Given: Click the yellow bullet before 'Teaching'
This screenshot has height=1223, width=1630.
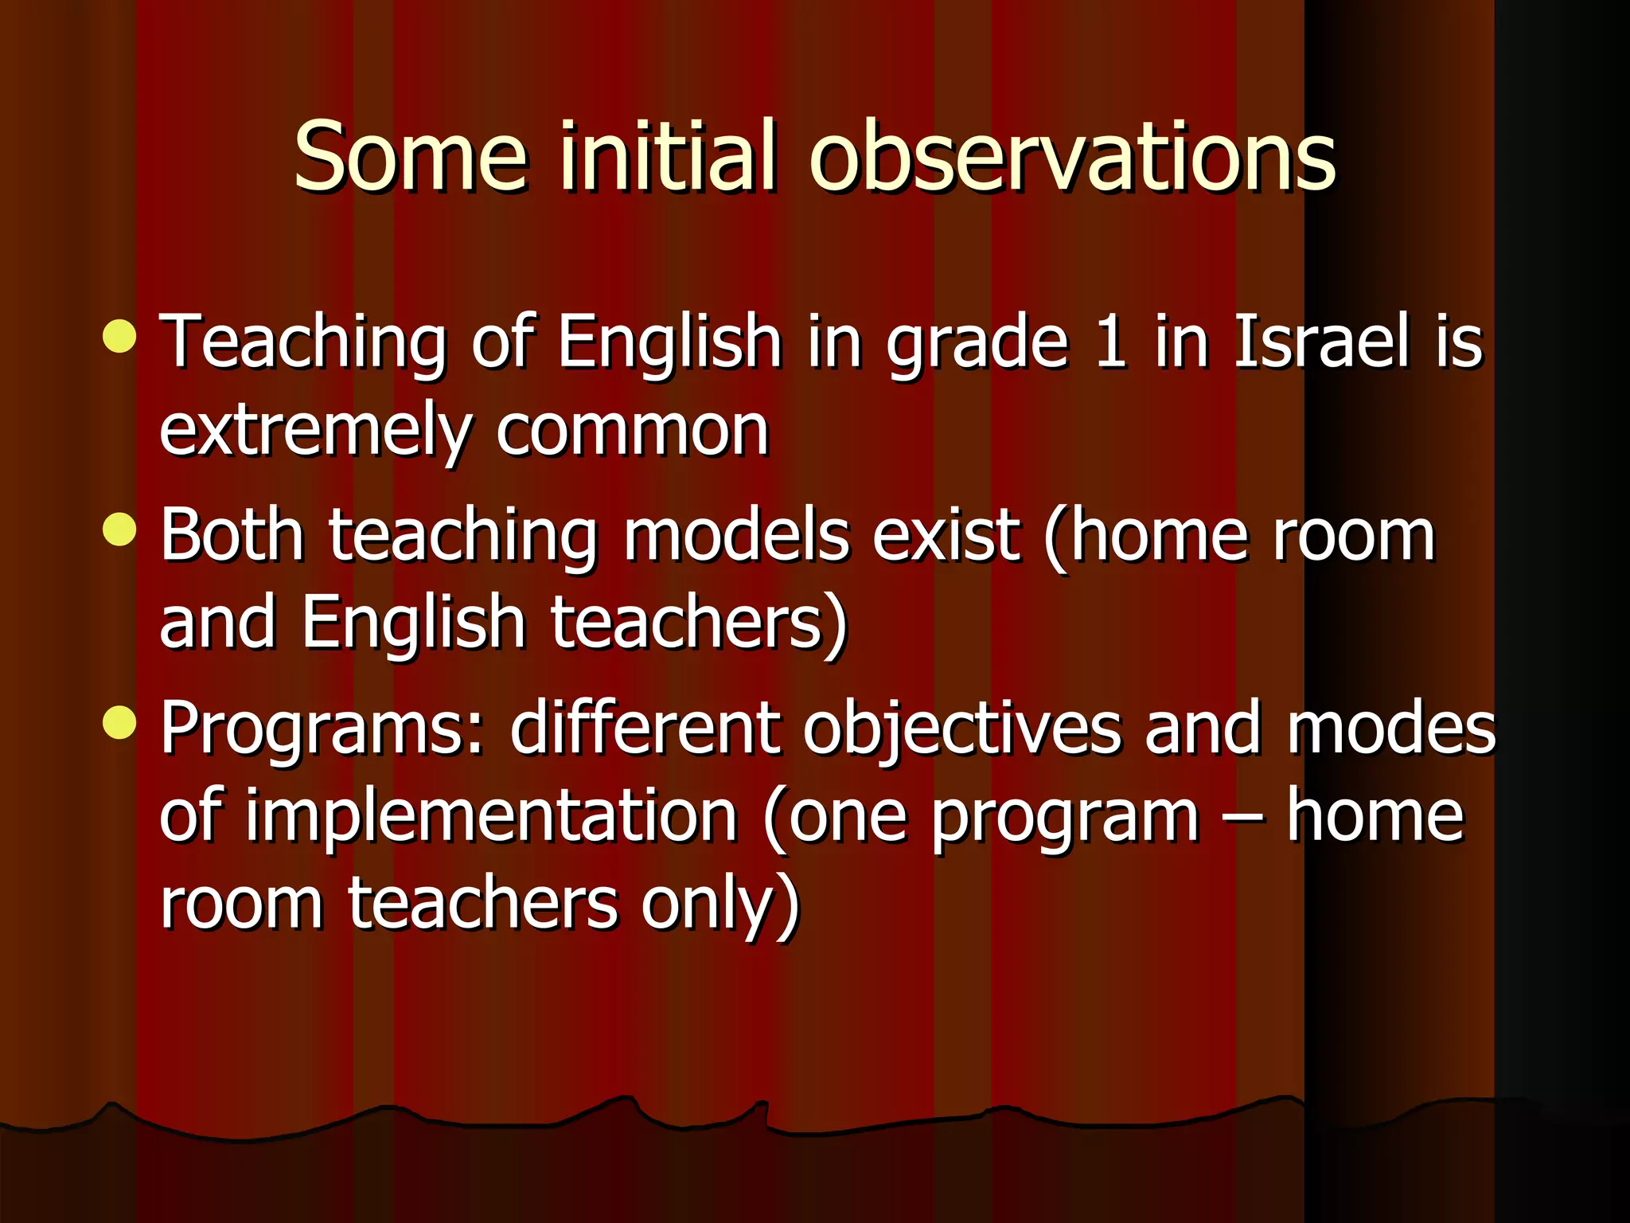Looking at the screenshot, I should [120, 336].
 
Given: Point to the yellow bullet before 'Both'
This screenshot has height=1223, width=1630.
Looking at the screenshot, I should [120, 529].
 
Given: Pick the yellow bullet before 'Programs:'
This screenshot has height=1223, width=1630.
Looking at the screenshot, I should [120, 723].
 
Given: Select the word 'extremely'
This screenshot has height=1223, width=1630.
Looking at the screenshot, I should [315, 430].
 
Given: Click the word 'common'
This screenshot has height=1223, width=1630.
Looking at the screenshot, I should [633, 430].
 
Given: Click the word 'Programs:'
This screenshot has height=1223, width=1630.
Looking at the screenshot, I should [322, 729].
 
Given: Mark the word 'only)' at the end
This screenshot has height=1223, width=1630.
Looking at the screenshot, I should [720, 905].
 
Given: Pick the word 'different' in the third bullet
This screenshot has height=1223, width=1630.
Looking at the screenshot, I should [645, 728].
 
